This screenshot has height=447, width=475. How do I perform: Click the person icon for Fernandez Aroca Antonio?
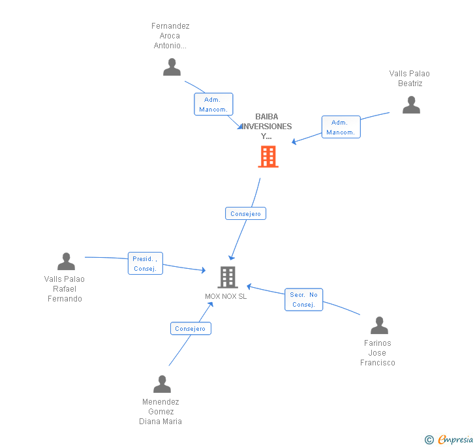point(172,67)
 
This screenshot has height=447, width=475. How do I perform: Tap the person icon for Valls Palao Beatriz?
point(411,105)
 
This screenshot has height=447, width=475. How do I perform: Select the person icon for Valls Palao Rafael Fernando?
point(66,262)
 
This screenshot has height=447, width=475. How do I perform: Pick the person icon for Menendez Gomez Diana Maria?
point(162,384)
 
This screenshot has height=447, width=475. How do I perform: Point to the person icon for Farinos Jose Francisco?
point(379,326)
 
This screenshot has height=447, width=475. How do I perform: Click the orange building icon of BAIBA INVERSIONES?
point(268,157)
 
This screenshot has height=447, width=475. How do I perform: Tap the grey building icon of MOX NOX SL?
point(227,277)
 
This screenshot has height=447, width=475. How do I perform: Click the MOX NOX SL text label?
point(226,296)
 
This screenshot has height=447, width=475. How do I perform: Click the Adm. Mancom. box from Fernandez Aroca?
point(213,104)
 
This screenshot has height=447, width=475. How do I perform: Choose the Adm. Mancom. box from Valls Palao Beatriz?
point(341,127)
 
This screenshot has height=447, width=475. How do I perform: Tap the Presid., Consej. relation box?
point(145,264)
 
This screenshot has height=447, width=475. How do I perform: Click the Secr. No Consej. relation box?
point(303,300)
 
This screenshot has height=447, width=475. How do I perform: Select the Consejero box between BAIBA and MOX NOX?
point(246,213)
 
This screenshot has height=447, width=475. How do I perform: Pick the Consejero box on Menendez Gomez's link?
point(191,329)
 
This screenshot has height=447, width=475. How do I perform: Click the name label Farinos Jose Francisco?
point(378,353)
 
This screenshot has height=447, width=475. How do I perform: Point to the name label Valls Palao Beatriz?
point(410,78)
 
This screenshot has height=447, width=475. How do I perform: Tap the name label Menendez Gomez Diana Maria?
point(161,412)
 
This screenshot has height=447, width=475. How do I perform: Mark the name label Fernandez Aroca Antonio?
point(170,36)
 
